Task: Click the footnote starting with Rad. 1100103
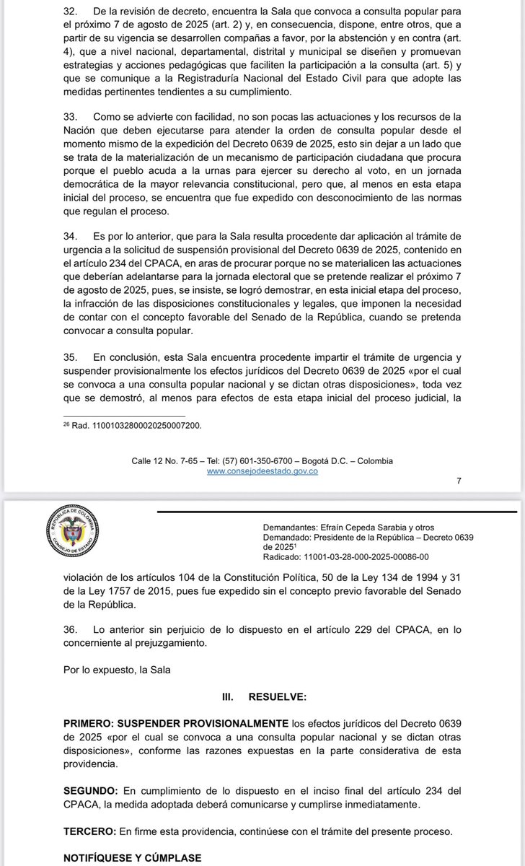pos(133,426)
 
